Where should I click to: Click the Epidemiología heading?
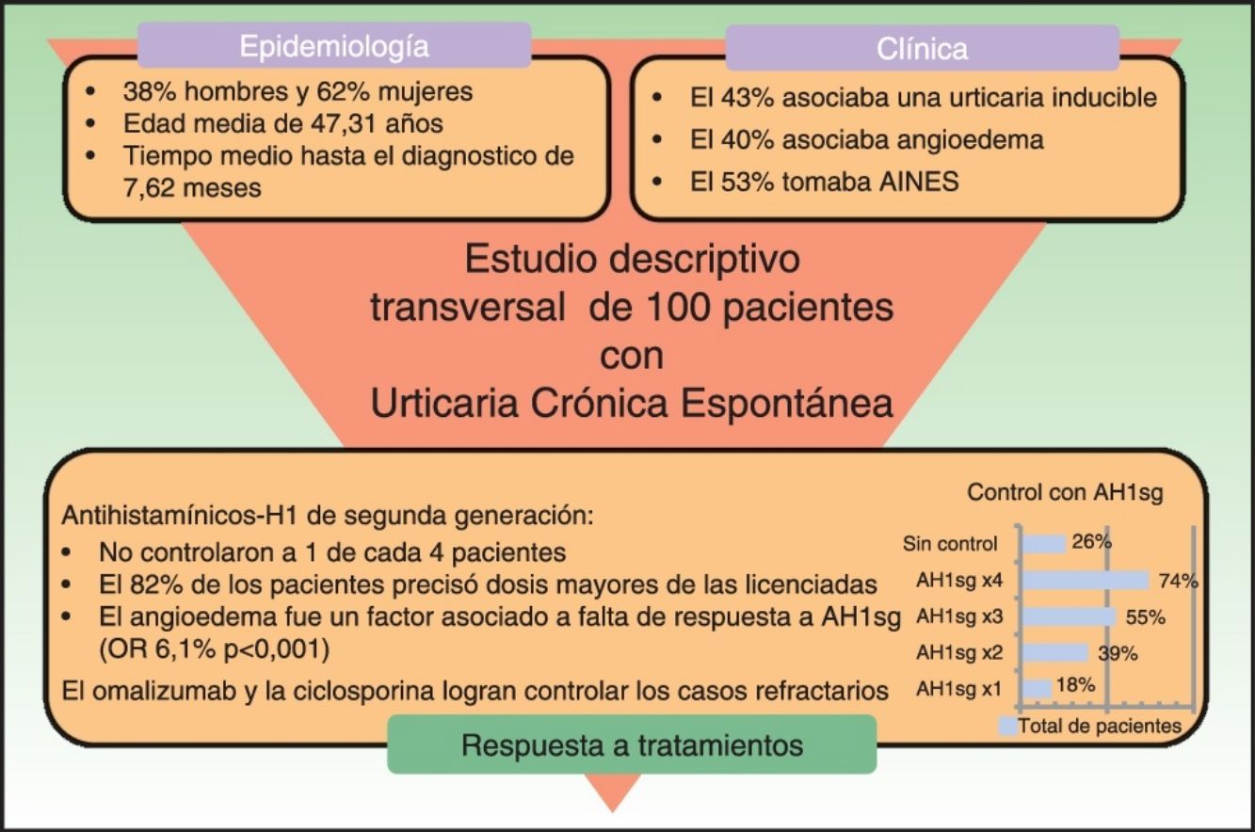334,45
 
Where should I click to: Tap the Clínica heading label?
922,49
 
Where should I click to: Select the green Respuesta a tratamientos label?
632,745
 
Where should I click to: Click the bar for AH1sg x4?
1086,581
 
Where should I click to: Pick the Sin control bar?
1044,543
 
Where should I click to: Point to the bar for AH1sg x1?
1038,689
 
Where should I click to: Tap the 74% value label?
1178,581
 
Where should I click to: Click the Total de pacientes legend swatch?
1007,726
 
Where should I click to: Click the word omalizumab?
164,690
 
